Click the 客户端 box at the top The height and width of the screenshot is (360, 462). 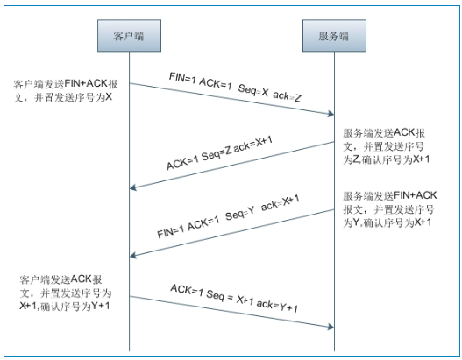coord(130,38)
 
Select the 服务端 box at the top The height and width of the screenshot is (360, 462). coord(334,38)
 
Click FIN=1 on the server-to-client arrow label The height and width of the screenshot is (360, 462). coord(172,233)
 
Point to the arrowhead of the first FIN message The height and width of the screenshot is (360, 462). coord(331,114)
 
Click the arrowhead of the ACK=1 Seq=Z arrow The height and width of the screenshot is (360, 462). coord(134,187)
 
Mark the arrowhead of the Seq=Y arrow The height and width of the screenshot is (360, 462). coord(134,255)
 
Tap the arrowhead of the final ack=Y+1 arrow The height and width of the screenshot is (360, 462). coord(331,327)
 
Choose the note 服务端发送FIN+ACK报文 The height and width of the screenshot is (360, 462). coord(387,209)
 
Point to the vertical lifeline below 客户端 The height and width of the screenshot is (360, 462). coord(130,210)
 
